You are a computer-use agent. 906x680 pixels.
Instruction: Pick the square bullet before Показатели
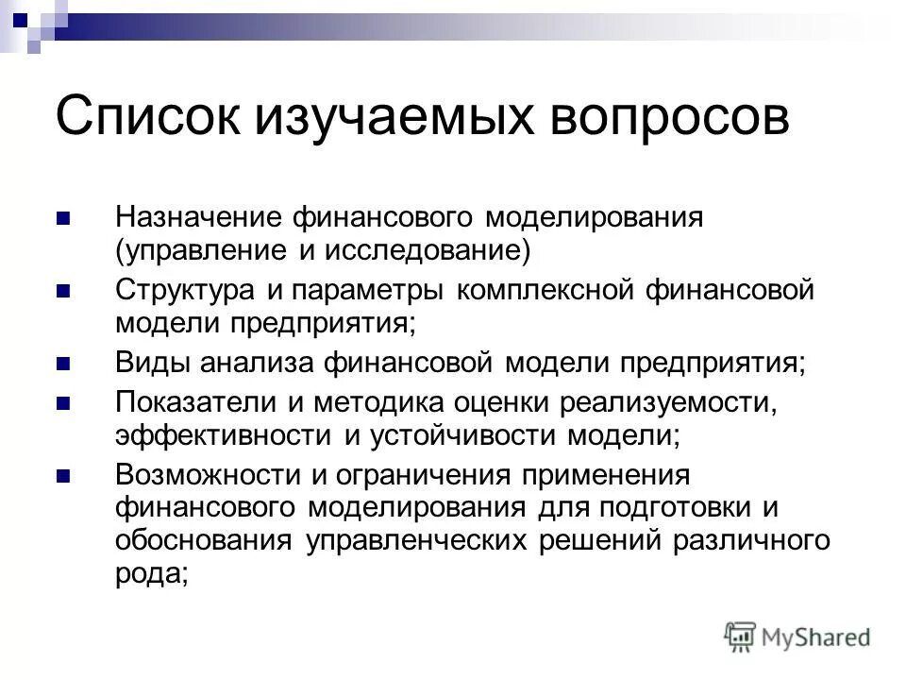[x=64, y=403]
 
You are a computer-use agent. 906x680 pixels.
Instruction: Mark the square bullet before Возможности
[x=64, y=475]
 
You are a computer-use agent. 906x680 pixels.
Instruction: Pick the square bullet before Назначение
[x=64, y=218]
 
